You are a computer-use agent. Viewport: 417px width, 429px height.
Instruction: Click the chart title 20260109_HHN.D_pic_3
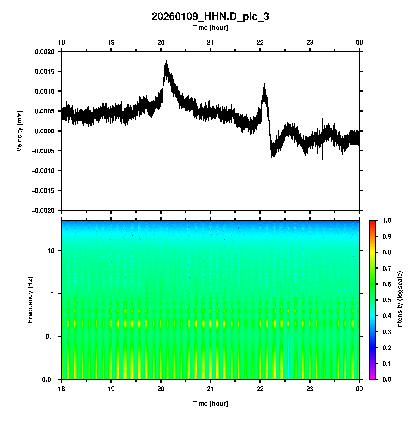[210, 17]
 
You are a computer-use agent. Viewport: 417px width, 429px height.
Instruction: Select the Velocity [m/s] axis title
[19, 131]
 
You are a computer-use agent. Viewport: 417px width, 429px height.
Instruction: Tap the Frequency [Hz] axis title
[30, 300]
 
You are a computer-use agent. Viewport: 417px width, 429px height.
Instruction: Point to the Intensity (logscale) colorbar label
[400, 300]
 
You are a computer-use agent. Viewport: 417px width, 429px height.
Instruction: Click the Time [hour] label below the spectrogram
[210, 404]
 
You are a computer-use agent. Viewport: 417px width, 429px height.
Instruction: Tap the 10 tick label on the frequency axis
[51, 251]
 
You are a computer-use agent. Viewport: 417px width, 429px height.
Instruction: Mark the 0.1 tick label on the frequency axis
[50, 336]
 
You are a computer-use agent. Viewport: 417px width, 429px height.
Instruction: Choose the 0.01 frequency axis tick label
[49, 379]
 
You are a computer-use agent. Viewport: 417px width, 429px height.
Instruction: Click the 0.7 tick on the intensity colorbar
[387, 268]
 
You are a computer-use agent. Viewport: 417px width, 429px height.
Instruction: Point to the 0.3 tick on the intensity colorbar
[387, 332]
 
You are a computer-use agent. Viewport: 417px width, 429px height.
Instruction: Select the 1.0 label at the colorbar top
[387, 220]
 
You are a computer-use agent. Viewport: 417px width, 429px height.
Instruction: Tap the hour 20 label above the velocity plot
[161, 42]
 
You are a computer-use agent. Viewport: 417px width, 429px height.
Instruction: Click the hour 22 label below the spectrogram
[260, 389]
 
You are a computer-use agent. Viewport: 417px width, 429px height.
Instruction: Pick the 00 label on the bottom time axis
[359, 389]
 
